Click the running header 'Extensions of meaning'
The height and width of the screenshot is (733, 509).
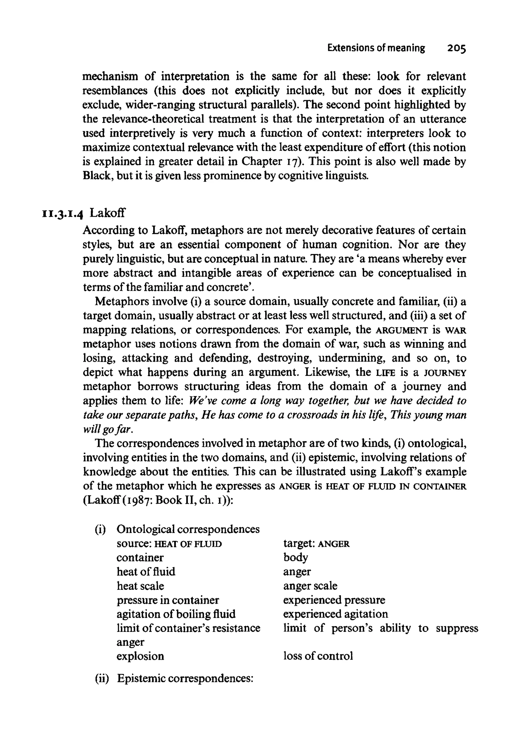(376, 48)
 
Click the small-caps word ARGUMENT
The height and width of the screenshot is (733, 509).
(402, 330)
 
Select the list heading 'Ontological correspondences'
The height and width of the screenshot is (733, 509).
(188, 529)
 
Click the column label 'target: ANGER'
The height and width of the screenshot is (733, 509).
(316, 544)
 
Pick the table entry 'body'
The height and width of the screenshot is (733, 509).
(295, 557)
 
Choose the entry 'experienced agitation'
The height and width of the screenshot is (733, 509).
(335, 614)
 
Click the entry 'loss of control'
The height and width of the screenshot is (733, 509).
(318, 656)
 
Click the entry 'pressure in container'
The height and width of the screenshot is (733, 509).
(168, 600)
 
